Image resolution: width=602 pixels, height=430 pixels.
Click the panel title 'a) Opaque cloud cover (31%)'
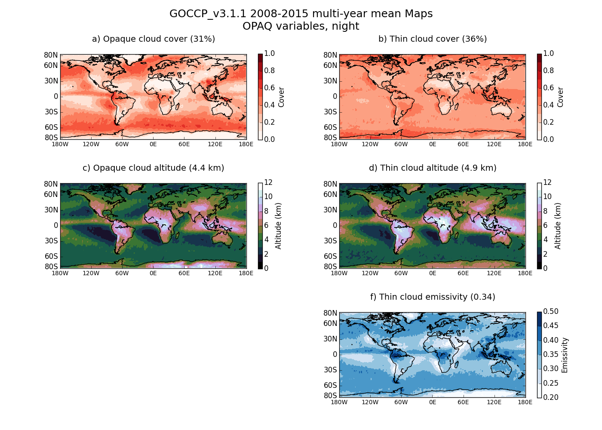coord(154,39)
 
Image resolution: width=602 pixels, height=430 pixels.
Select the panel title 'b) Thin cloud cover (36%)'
coord(433,39)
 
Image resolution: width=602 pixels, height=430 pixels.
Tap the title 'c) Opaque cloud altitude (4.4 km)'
coord(154,168)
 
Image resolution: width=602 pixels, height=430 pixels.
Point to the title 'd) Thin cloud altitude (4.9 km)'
coord(433,168)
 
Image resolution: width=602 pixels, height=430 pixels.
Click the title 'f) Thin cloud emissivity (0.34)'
coord(433,297)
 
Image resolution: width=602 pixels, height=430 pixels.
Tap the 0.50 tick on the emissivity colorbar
coord(551,312)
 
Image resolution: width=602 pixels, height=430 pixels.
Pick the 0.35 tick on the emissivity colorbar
coord(551,355)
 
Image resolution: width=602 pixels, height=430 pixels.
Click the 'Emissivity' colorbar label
coord(565,355)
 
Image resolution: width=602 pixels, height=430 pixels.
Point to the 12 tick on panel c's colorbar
coord(268,183)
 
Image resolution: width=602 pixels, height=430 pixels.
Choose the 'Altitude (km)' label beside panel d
coord(558,226)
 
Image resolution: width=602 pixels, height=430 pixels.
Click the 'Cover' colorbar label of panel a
coord(282,97)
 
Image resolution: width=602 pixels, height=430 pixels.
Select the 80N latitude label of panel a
coord(51,55)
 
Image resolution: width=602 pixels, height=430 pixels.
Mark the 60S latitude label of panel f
coord(330,385)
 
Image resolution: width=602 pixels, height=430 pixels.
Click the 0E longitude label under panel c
coord(153,273)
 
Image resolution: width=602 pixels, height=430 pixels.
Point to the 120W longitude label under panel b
coord(370,144)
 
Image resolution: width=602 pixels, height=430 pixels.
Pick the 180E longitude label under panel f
coord(525,402)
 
